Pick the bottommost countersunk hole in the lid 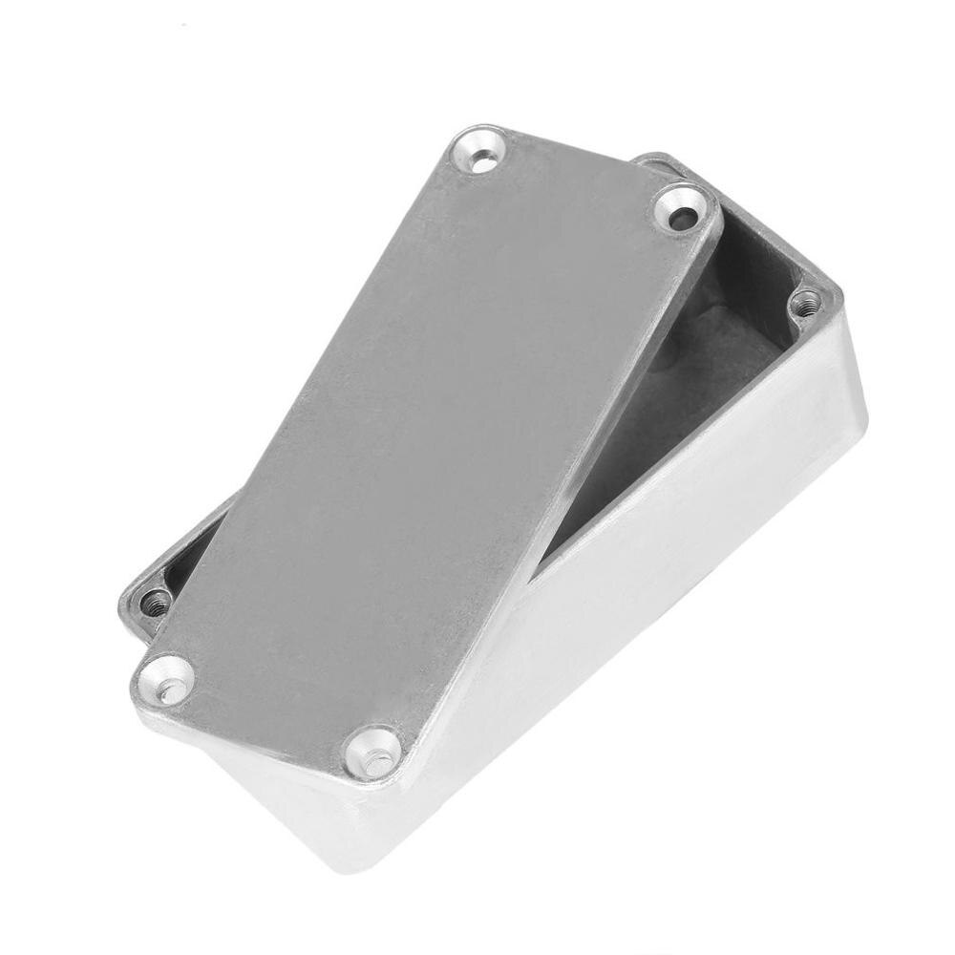point(374,751)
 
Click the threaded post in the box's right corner point(807,304)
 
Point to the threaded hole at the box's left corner point(155,603)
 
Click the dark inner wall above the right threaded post point(764,258)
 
